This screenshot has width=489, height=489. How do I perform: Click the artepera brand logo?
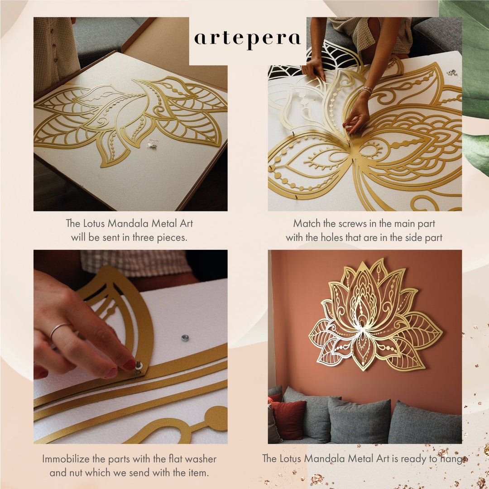247,39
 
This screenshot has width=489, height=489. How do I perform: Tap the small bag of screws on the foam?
153,143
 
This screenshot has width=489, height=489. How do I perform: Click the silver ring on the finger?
60,330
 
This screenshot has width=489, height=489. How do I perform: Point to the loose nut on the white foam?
185,337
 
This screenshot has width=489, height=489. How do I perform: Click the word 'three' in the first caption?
144,238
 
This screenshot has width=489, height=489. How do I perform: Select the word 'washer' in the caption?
200,459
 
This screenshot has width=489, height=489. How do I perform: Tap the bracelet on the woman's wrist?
365,90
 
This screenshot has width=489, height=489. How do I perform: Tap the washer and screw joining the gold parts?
138,366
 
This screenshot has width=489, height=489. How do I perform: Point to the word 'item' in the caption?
199,473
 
